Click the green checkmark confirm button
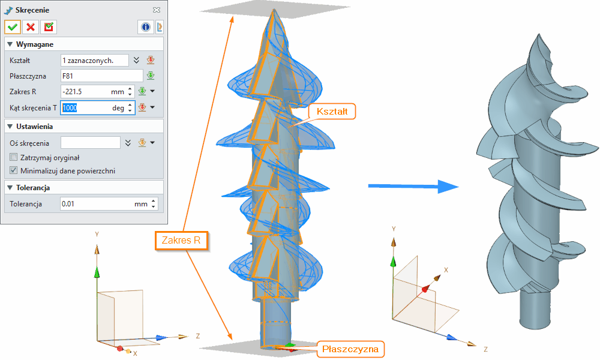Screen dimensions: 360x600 click(x=13, y=27)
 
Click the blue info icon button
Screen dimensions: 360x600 click(x=146, y=27)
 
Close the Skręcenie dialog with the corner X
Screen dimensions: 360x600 click(x=157, y=10)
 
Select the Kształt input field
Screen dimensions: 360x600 click(x=95, y=60)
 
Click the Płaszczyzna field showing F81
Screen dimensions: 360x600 click(x=101, y=76)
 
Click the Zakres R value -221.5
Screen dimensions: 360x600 click(x=84, y=92)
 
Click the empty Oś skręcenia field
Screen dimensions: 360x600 click(x=91, y=143)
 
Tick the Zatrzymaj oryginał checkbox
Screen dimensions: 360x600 click(x=14, y=157)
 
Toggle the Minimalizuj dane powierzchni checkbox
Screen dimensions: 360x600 click(x=14, y=170)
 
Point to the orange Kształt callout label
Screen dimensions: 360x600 click(x=332, y=112)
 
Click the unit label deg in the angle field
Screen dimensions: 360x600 click(x=118, y=108)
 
